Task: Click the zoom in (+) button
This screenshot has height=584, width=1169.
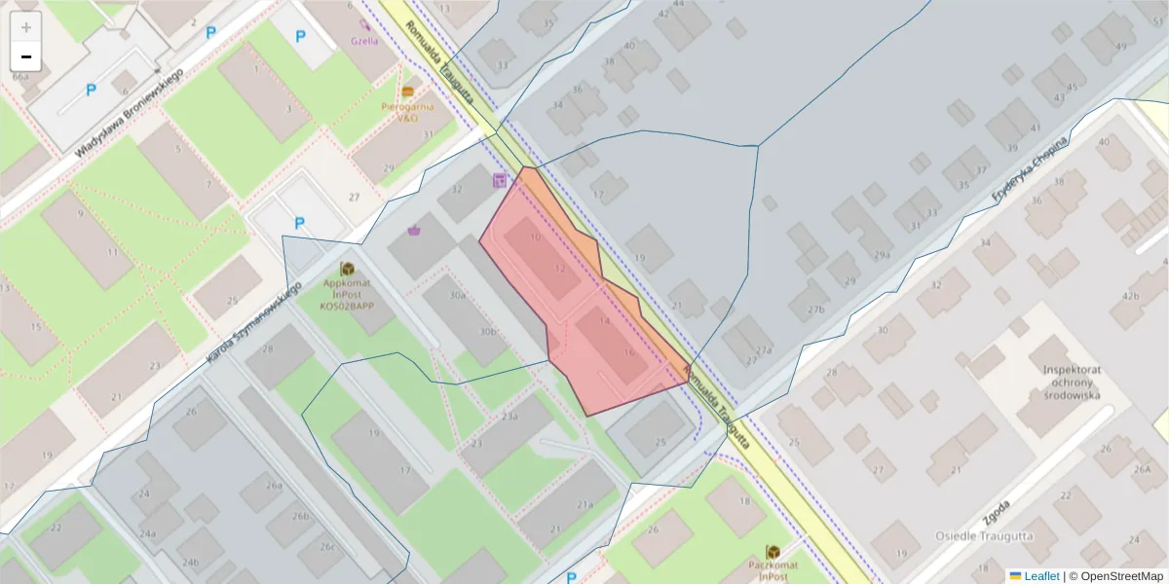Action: pos(26,28)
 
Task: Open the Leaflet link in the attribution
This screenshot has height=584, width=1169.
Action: pos(1040,576)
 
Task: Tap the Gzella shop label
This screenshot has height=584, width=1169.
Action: pos(364,41)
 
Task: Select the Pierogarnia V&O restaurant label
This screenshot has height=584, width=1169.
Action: pos(406,111)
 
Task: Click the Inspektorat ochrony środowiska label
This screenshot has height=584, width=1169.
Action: pos(1072,383)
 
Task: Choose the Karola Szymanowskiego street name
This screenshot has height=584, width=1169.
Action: pos(250,325)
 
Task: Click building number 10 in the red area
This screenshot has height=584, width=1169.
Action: pos(535,237)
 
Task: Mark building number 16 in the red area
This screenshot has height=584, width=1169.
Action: pos(629,352)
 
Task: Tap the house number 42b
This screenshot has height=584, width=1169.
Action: pos(1131,296)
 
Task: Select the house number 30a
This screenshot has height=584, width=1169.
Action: pos(457,295)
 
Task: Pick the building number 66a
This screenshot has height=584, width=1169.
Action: pos(19,76)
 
